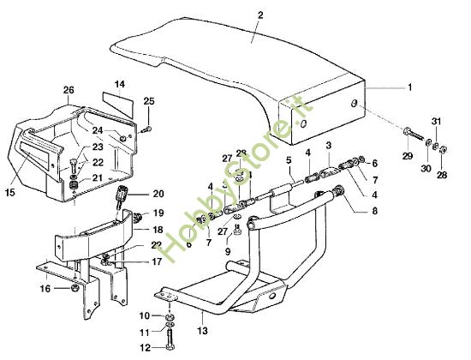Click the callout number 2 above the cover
pyautogui.click(x=259, y=15)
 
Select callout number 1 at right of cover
pyautogui.click(x=408, y=87)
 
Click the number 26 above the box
pyautogui.click(x=69, y=89)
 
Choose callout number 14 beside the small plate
pyautogui.click(x=120, y=84)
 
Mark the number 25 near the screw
pyautogui.click(x=149, y=102)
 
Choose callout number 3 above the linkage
pyautogui.click(x=328, y=147)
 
